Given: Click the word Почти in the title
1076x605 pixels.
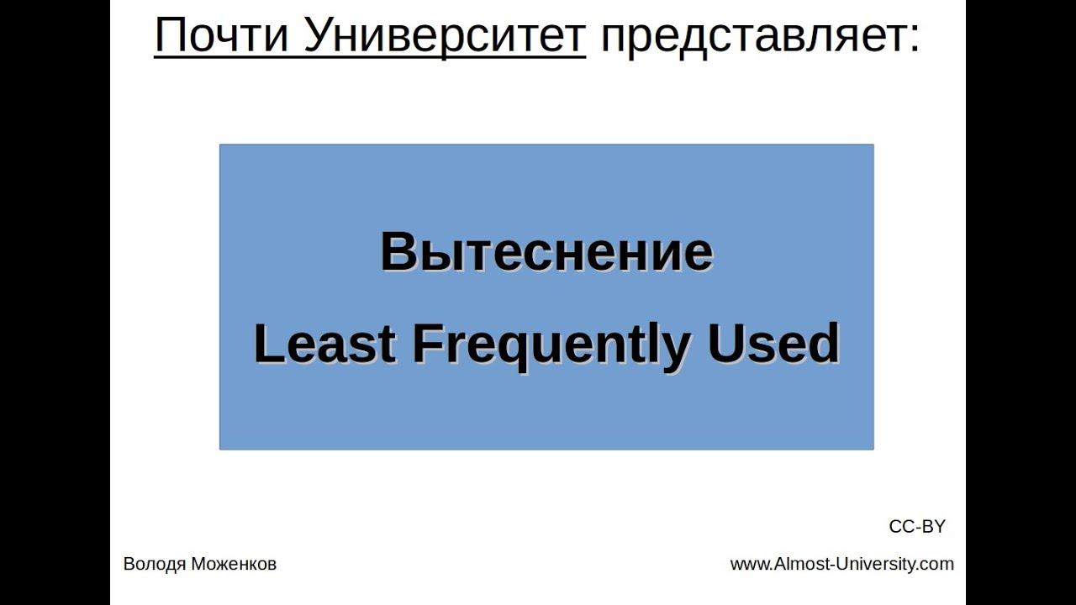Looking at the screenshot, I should tap(221, 35).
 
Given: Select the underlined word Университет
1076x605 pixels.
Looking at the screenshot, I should tap(444, 35).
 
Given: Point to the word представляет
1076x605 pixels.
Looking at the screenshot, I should tap(751, 35).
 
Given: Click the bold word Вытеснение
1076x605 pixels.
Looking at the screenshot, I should tap(546, 252).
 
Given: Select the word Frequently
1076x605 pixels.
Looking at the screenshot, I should tap(551, 345).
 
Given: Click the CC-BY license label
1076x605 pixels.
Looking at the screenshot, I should tap(917, 527).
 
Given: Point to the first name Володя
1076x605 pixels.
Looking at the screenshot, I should tap(155, 565).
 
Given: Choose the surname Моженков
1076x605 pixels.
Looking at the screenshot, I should tap(234, 565).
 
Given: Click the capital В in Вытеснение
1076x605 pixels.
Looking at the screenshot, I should tap(398, 252).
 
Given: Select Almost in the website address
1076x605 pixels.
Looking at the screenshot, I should tap(802, 564).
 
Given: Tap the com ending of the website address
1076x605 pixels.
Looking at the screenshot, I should tap(938, 565).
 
